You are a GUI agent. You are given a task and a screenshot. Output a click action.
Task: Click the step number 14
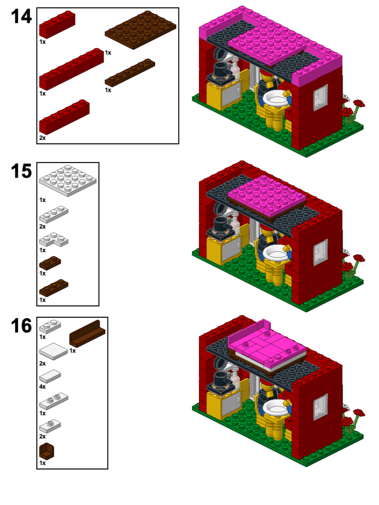(21, 17)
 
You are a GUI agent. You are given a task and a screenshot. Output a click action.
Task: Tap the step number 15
(21, 171)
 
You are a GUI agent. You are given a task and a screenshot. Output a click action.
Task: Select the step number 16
(21, 326)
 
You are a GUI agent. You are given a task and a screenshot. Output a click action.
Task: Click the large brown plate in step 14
(141, 30)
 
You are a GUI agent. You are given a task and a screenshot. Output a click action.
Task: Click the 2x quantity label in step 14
(42, 138)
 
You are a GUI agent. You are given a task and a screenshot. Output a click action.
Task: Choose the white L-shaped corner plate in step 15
(53, 241)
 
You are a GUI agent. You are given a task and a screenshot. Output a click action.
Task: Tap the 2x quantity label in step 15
(42, 227)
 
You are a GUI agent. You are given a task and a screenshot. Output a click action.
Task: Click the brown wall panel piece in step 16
(87, 333)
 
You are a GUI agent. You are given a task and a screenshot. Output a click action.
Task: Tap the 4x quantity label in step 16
(42, 387)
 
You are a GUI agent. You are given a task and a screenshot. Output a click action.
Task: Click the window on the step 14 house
(320, 97)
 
